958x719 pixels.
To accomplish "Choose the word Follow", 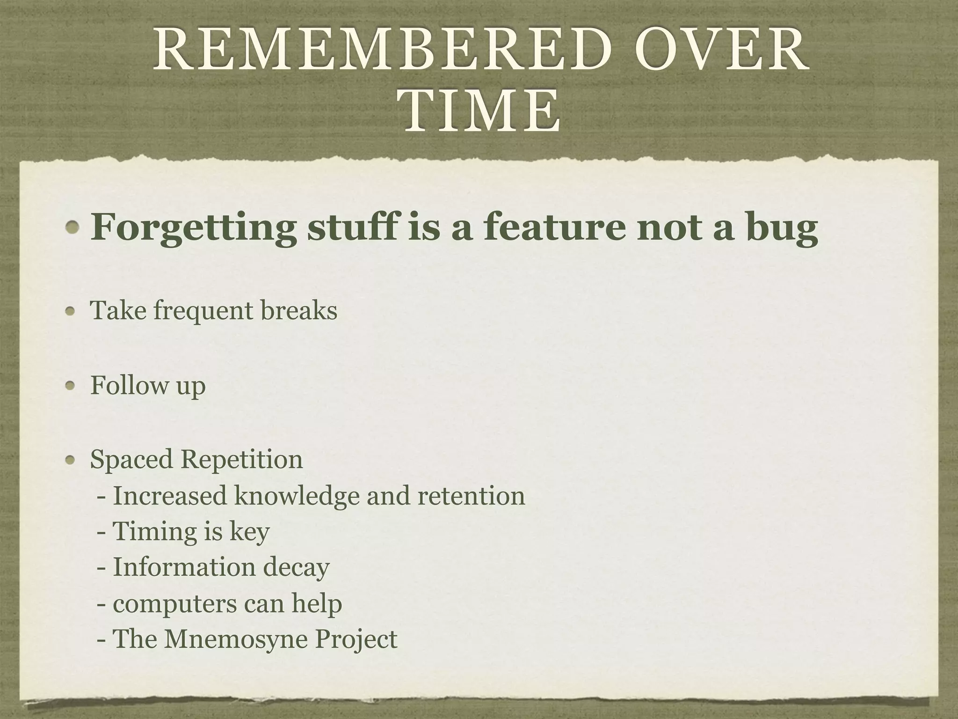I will point(129,385).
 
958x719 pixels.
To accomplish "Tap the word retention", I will point(471,496).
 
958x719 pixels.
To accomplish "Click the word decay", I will point(296,568).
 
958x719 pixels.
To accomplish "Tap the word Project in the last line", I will point(356,640).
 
